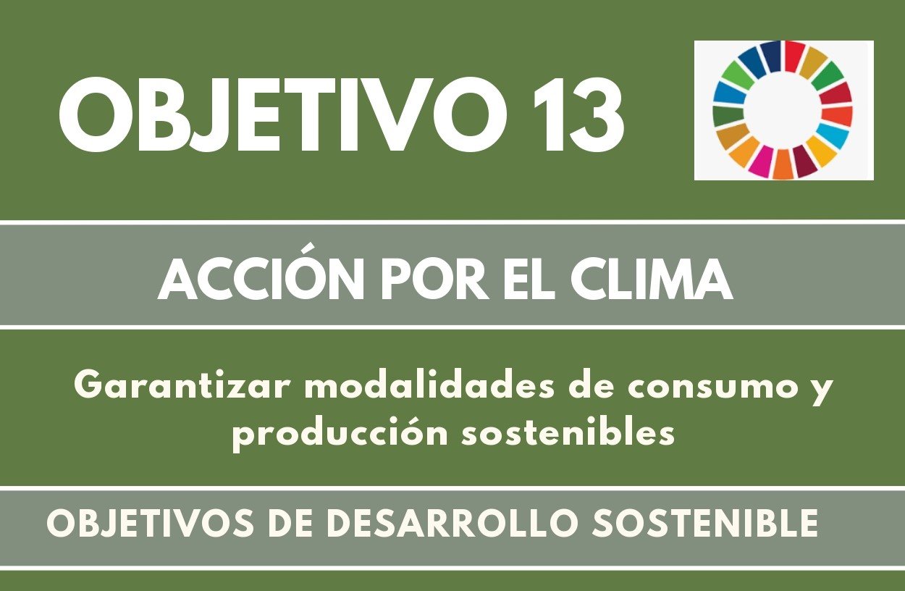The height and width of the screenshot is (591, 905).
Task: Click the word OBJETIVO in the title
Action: (x=282, y=115)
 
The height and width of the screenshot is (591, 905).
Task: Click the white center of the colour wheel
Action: (x=783, y=110)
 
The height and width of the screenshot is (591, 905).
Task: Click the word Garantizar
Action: (x=182, y=386)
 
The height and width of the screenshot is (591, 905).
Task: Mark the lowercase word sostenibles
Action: (x=568, y=432)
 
